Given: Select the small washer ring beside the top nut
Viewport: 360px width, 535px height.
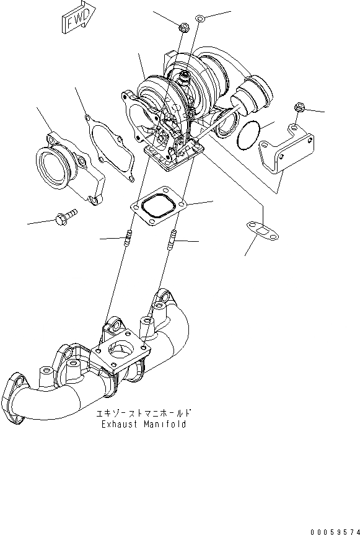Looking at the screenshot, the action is [201, 18].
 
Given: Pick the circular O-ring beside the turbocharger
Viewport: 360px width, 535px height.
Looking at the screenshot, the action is [248, 135].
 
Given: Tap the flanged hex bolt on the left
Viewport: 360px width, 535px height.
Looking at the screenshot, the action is [66, 216].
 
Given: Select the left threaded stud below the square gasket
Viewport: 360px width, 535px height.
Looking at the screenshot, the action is [128, 238].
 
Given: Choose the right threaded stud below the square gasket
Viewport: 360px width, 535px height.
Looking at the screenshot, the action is [172, 239].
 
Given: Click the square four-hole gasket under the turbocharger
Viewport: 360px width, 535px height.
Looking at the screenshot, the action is [158, 206].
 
